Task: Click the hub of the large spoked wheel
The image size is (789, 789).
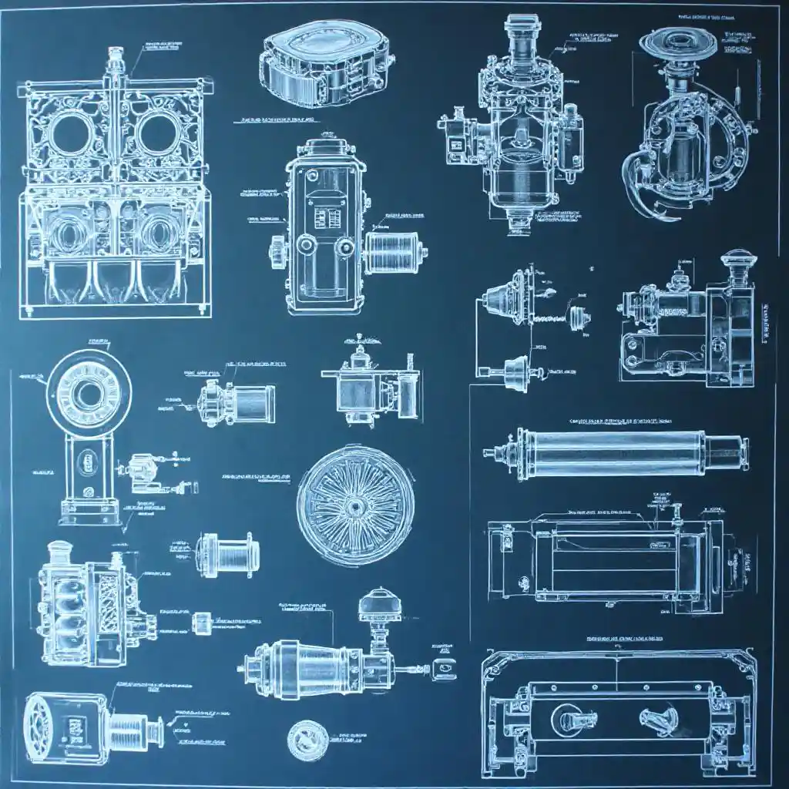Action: [354, 505]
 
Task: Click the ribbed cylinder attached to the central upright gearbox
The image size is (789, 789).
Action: [393, 253]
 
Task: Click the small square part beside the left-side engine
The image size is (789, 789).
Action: [202, 621]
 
